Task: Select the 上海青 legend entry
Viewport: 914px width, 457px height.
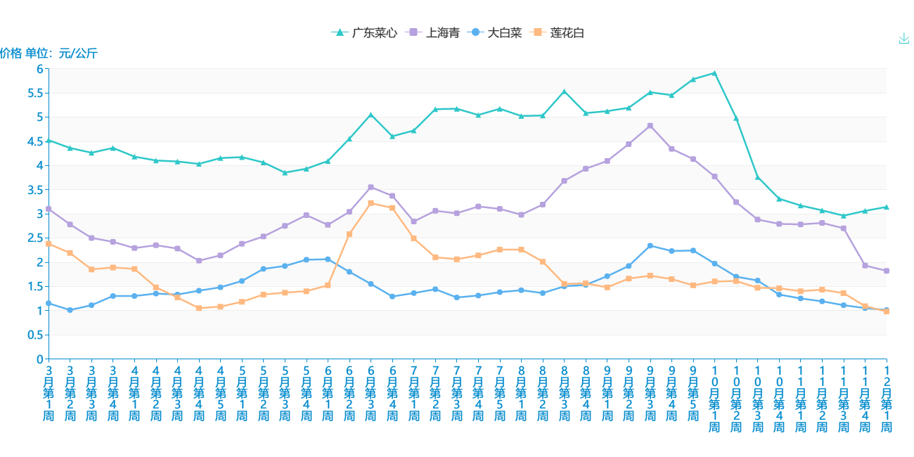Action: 435,33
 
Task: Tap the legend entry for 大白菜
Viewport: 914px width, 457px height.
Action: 496,33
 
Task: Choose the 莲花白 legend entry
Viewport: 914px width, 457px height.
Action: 559,33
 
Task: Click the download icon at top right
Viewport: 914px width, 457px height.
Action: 904,39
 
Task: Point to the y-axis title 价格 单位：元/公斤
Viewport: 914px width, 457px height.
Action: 49,53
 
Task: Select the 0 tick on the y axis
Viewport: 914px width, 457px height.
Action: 39,359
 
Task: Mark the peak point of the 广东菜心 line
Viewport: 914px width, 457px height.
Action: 714,72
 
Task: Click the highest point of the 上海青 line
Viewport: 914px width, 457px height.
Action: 650,126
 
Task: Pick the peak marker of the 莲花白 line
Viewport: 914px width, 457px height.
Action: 371,203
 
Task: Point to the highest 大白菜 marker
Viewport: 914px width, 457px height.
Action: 650,245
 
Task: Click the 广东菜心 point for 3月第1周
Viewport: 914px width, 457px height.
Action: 49,140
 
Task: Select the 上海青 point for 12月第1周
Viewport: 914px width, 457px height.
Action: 887,271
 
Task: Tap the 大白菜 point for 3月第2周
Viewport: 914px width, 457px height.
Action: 70,310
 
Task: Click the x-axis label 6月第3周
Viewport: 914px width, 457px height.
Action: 371,393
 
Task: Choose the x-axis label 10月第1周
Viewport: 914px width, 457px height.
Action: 714,399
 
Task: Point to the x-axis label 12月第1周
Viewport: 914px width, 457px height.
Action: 887,399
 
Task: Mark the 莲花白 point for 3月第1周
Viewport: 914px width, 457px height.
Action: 49,244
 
